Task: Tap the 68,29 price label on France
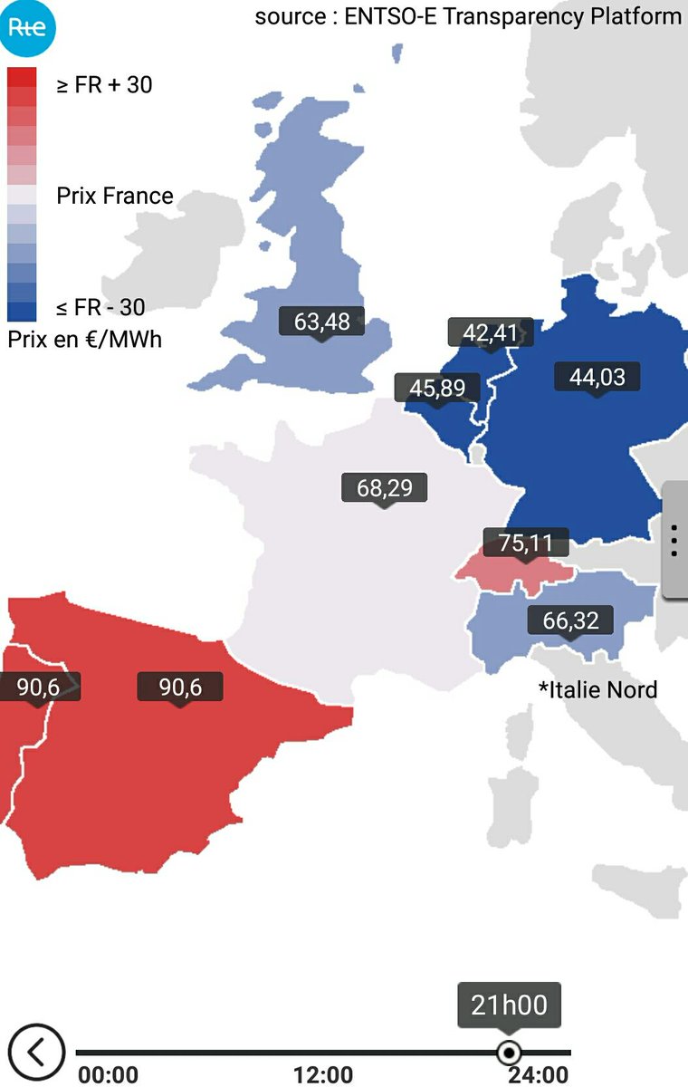tap(384, 488)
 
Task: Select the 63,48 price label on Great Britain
tap(321, 321)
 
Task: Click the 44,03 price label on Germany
tap(597, 376)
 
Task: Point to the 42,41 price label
tap(490, 332)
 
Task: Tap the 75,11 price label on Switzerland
tap(526, 543)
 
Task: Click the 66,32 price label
tap(570, 620)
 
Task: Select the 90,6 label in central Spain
tap(180, 687)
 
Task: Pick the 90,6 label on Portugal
tap(38, 687)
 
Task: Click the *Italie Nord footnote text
tap(597, 689)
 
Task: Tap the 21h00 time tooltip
tap(509, 1005)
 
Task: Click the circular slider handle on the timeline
tap(510, 1053)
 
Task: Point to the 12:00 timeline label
tap(323, 1075)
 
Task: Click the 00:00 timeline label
tap(109, 1075)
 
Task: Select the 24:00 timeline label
tap(538, 1075)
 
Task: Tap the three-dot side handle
tap(674, 540)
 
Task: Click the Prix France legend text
tap(114, 196)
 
